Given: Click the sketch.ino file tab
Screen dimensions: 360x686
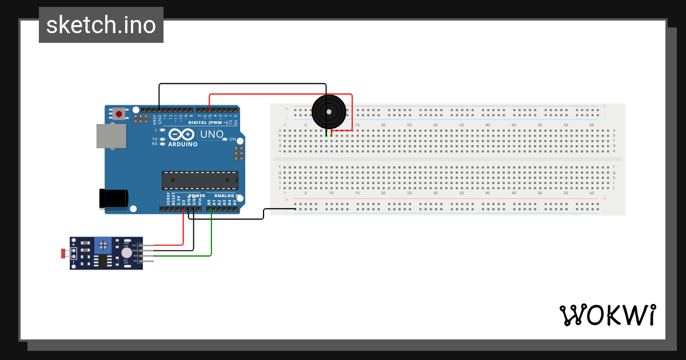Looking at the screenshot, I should pos(101,25).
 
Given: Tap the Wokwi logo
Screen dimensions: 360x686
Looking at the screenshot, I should pos(607,315).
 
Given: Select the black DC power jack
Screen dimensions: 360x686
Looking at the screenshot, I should pos(113,198).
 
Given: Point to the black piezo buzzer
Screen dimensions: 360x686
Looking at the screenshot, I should pos(329,111).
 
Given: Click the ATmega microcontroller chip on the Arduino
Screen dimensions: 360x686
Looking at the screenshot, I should pos(200,180).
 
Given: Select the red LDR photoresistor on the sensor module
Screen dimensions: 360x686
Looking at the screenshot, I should pos(63,253).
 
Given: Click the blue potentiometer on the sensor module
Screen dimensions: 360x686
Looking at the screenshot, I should pos(103,245).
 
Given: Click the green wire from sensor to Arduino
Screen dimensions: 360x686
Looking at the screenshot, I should pos(212,240).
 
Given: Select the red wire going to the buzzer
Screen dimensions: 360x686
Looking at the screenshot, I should pos(280,94).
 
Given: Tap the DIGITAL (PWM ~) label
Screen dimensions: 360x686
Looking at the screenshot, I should pos(207,122).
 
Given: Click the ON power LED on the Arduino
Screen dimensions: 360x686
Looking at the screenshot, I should pos(224,139).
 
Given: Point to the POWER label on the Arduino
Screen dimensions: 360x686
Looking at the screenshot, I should pos(197,195).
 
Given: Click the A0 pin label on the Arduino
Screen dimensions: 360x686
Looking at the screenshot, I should pos(209,202).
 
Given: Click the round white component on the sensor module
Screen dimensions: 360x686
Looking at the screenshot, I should pos(126,253).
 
